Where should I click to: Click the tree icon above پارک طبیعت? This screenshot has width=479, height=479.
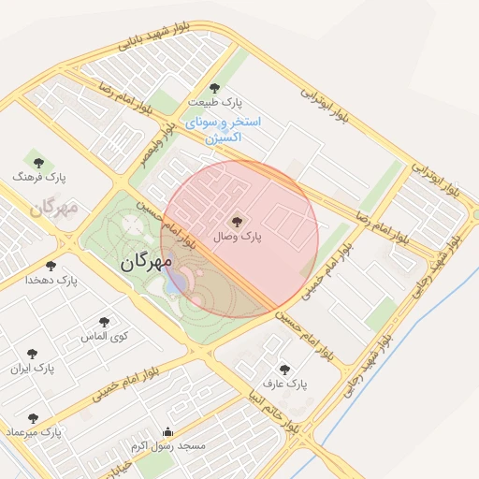(214, 88)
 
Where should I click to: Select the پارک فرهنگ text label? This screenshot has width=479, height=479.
(39, 176)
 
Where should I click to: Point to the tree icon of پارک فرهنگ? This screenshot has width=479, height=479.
(39, 162)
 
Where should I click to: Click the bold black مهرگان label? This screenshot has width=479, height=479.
(146, 263)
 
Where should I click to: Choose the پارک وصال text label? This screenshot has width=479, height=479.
(238, 238)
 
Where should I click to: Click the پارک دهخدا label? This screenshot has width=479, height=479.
(51, 280)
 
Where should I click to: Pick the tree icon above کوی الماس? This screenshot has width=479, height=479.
(104, 322)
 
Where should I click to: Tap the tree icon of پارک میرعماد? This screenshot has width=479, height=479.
(33, 418)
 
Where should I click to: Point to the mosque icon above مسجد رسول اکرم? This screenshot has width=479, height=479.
(167, 432)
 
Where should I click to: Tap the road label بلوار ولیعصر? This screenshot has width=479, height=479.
(156, 140)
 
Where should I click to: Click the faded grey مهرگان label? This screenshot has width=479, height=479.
(51, 208)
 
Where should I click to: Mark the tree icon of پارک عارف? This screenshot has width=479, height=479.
(284, 370)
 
